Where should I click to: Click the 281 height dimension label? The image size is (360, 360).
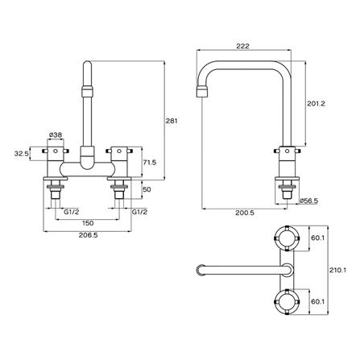point(172,121)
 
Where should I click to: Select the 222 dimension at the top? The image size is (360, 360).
point(242,46)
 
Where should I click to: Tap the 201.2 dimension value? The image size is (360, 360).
point(316,104)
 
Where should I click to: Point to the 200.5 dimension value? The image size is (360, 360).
point(245,213)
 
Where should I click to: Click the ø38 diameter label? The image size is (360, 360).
point(56,135)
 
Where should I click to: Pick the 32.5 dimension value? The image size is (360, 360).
point(21,154)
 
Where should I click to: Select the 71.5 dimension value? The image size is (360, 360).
point(150,162)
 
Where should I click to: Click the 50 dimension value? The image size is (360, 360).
point(147,189)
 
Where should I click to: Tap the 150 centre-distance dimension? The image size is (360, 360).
point(88,223)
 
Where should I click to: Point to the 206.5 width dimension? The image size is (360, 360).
point(88,235)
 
